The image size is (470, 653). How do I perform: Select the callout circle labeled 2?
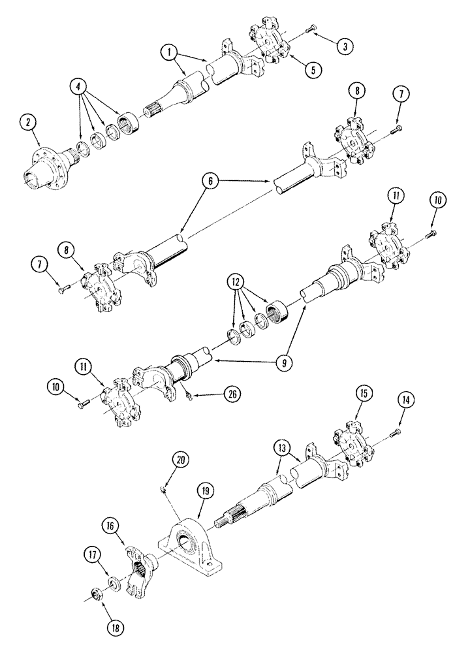[x=27, y=123]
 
